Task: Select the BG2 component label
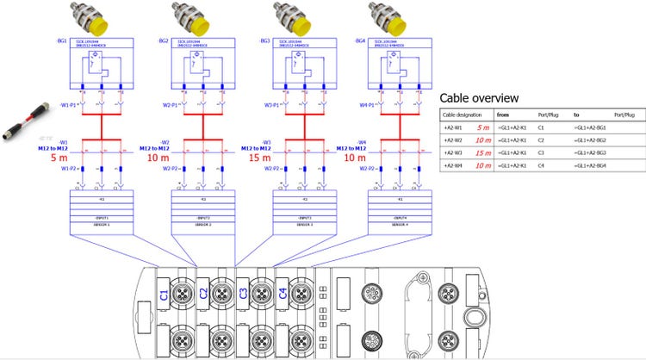[x=164, y=41]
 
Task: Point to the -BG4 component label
[x=362, y=41]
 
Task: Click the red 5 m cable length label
[x=59, y=158]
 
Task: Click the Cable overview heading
[x=479, y=97]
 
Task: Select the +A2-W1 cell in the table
[x=453, y=127]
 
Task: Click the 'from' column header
[x=504, y=114]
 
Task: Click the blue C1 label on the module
[x=164, y=295]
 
